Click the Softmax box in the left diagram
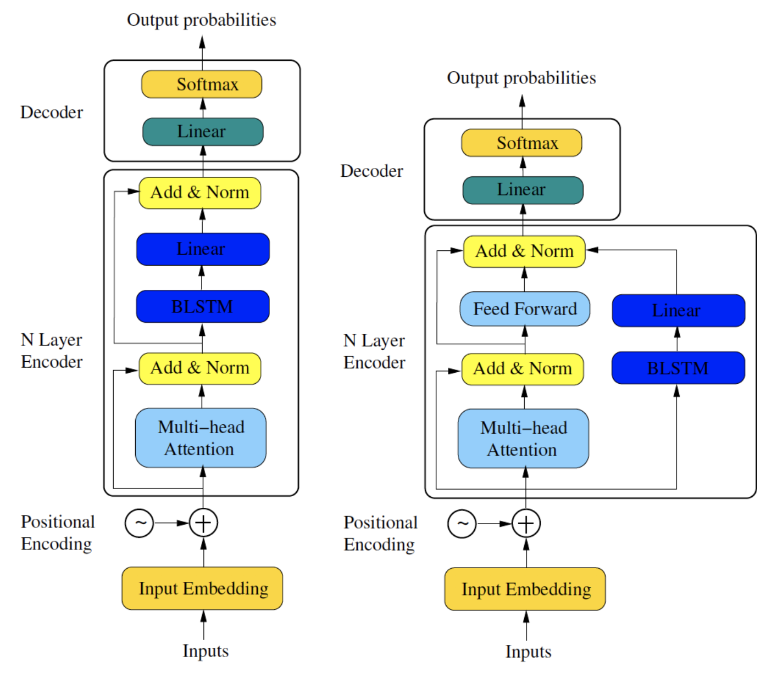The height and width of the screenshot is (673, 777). coord(202,84)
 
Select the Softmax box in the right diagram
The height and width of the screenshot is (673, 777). coord(521,143)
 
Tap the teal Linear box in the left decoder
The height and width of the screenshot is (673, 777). coord(203,132)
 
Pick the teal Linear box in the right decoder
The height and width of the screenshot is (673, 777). coord(523,190)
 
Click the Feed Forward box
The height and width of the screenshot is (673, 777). coord(525,309)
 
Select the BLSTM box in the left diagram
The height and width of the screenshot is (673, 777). coord(203,306)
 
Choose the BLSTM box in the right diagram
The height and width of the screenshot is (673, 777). coord(678,368)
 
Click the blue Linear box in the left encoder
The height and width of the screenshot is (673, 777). coord(203,249)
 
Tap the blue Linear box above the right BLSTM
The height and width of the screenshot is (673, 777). coord(679,311)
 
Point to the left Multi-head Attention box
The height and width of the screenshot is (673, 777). coord(201,438)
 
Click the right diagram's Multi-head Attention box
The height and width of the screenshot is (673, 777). coord(523,439)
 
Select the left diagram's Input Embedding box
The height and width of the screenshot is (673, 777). coord(202,588)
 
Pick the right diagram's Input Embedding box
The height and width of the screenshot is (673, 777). coord(525,589)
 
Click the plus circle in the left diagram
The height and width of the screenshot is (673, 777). coord(203,523)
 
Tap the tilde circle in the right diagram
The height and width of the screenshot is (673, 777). coord(462,524)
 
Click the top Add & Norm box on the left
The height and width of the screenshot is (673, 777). coord(199,193)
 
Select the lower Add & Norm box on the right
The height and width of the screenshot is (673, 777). coord(523,369)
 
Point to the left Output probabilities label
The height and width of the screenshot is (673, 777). coord(202,20)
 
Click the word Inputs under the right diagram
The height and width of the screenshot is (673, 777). coord(528,652)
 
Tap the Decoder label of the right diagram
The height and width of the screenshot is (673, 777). coord(371,171)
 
